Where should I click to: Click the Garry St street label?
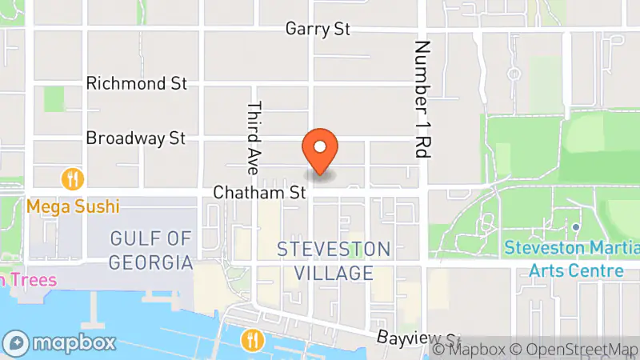pyautogui.click(x=318, y=29)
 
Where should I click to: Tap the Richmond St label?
pyautogui.click(x=136, y=83)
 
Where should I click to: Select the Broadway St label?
pyautogui.click(x=136, y=138)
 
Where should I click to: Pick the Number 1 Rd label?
pyautogui.click(x=422, y=99)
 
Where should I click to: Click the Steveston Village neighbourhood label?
pyautogui.click(x=334, y=261)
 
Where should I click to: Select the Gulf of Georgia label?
pyautogui.click(x=152, y=250)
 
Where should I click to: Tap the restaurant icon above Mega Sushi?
pyautogui.click(x=74, y=178)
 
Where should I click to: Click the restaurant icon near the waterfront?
pyautogui.click(x=252, y=340)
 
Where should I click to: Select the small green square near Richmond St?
pyautogui.click(x=54, y=98)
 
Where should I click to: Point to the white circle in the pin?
pyautogui.click(x=320, y=146)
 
